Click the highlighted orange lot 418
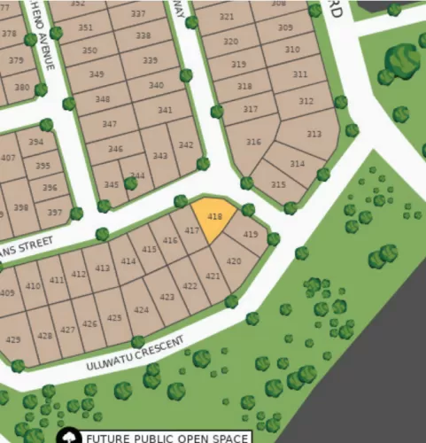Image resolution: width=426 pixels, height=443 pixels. (214, 218)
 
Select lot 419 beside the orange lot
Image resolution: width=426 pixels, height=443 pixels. (250, 235)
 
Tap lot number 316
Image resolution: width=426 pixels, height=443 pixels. (253, 142)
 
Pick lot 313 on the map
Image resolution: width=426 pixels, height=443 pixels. (314, 133)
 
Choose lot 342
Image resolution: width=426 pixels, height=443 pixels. (186, 145)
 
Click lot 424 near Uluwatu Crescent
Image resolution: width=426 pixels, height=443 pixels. (142, 309)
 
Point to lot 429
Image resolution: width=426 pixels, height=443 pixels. (13, 339)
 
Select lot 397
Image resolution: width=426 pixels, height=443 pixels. (55, 213)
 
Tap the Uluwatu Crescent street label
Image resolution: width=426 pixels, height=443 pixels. (136, 354)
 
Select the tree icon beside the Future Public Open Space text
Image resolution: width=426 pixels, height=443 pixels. (67, 437)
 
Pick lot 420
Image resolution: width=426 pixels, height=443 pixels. (233, 261)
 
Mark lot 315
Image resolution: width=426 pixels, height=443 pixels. (278, 184)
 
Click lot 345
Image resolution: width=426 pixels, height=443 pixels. (112, 184)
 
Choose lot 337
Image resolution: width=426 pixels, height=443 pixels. (137, 14)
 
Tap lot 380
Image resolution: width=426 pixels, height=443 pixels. (19, 88)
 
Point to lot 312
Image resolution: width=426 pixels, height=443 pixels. (306, 102)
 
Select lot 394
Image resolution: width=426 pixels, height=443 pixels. (35, 142)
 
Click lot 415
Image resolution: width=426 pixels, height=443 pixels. (149, 250)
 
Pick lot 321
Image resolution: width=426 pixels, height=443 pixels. (227, 17)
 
